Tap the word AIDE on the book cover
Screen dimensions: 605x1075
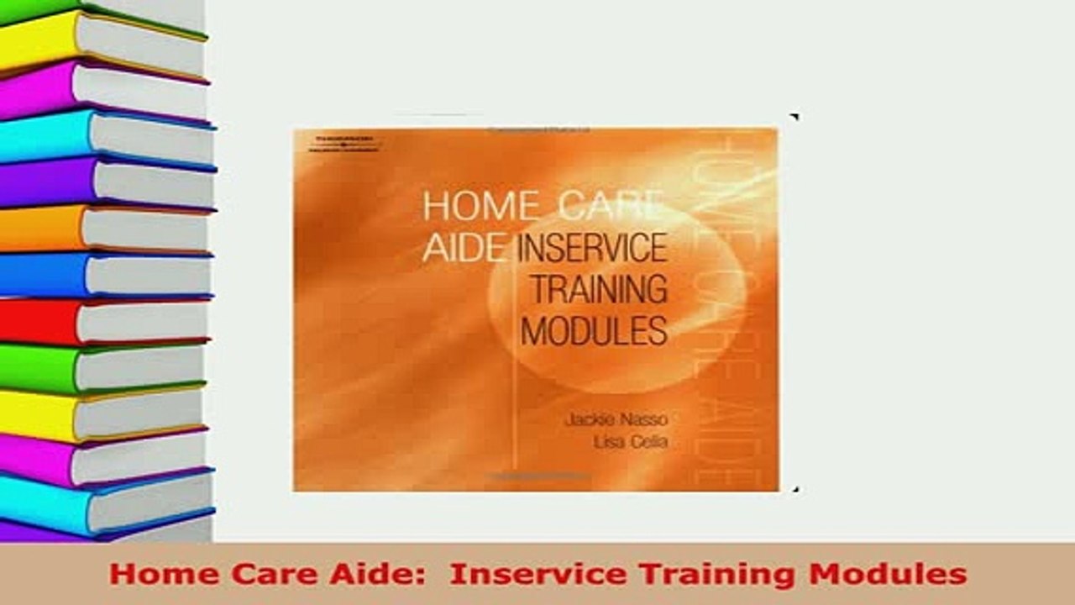(x=464, y=249)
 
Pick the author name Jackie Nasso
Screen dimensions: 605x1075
(x=616, y=419)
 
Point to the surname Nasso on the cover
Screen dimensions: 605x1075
(x=642, y=419)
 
